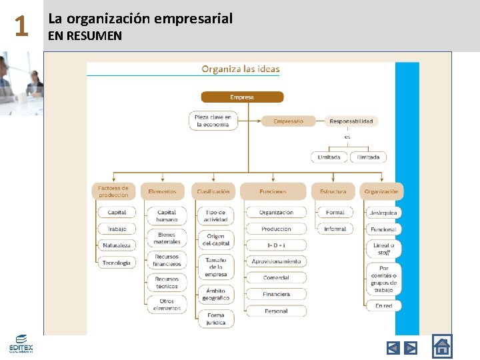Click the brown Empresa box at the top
pyautogui.click(x=242, y=97)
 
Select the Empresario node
pyautogui.click(x=288, y=121)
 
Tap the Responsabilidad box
pyautogui.click(x=351, y=121)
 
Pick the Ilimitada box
pyautogui.click(x=368, y=157)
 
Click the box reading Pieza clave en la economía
pyautogui.click(x=213, y=121)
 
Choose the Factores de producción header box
pyautogui.click(x=113, y=191)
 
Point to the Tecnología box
pyautogui.click(x=117, y=263)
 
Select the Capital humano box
pyautogui.click(x=167, y=216)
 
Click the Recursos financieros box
pyautogui.click(x=167, y=260)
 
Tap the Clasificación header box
pyautogui.click(x=213, y=191)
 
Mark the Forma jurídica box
pyautogui.click(x=215, y=319)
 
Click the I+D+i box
pyautogui.click(x=276, y=245)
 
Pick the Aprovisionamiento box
pyautogui.click(x=276, y=261)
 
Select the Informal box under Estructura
pyautogui.click(x=335, y=229)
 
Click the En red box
pyautogui.click(x=383, y=305)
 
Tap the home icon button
pyautogui.click(x=441, y=347)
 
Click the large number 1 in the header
pyautogui.click(x=21, y=27)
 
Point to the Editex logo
pyautogui.click(x=21, y=343)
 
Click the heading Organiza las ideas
pyautogui.click(x=241, y=69)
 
